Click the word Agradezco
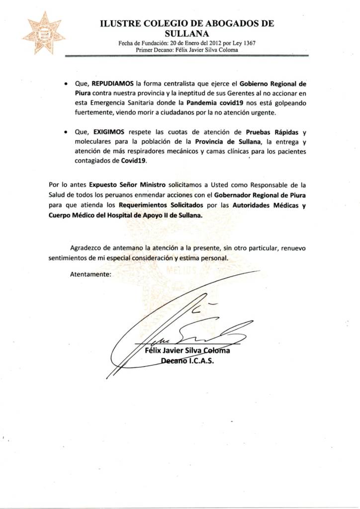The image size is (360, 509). pos(87,248)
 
